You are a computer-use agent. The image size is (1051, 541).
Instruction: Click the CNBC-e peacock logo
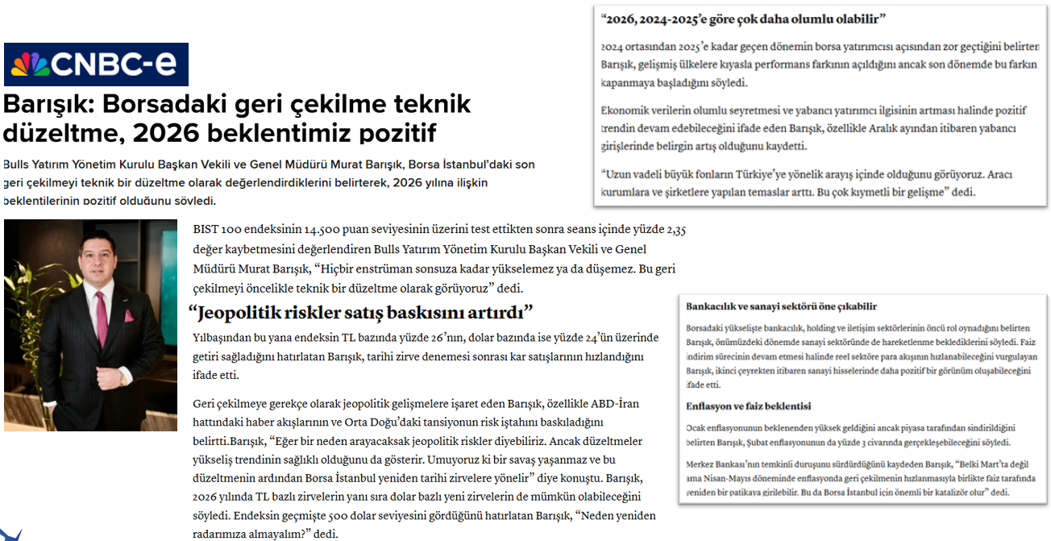tap(29, 65)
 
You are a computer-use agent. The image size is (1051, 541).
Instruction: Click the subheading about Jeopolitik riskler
tap(360, 312)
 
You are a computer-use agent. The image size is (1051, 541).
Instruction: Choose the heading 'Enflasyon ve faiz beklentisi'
tap(748, 406)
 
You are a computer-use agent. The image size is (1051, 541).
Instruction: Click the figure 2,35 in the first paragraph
tap(676, 230)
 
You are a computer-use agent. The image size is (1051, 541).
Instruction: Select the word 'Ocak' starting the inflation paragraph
tap(696, 428)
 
